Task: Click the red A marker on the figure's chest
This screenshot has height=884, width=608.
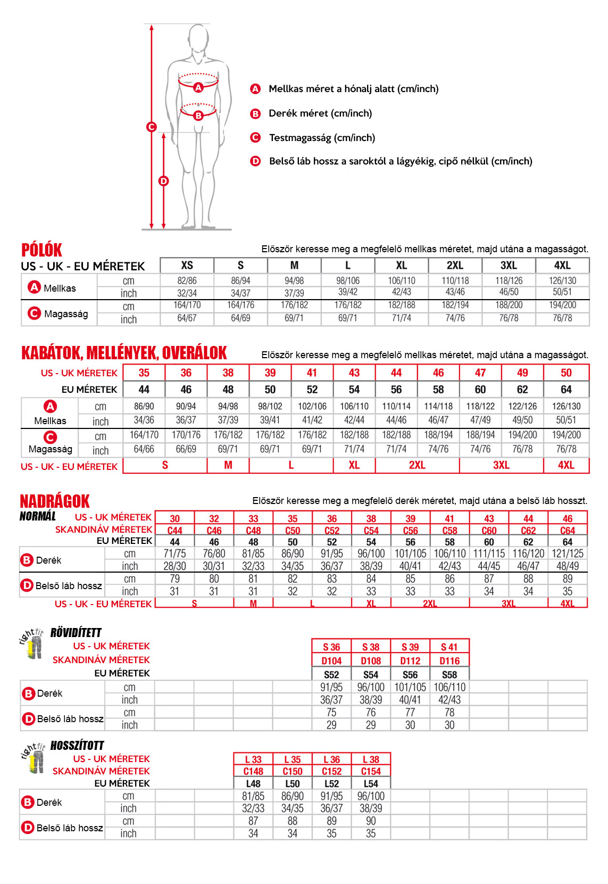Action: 198,87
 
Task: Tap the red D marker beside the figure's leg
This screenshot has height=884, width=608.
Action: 163,181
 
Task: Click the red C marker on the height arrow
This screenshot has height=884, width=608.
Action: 152,127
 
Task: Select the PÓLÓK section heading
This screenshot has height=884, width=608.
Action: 41,250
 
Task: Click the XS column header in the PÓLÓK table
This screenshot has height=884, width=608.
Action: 187,265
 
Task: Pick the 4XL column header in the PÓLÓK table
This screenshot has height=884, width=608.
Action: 562,265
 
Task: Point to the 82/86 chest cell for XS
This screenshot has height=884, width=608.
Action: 187,280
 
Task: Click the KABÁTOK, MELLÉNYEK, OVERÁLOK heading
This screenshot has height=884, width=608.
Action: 124,353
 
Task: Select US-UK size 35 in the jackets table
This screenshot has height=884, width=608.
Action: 144,373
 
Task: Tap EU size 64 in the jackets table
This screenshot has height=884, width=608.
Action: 566,389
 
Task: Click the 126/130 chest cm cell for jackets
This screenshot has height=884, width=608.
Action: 566,406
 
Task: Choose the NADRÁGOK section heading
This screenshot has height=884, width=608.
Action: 54,501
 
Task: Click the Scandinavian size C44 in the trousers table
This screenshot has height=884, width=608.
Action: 174,530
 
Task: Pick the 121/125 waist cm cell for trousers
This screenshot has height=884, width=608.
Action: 568,553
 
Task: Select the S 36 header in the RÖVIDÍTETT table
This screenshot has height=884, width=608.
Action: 331,647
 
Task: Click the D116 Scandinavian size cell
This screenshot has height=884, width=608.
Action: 449,661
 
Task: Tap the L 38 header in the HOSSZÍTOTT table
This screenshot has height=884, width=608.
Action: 371,759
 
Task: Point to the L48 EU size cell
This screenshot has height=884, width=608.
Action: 253,783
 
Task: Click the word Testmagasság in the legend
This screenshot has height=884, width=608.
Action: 300,138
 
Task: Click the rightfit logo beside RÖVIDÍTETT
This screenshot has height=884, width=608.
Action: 31,643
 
